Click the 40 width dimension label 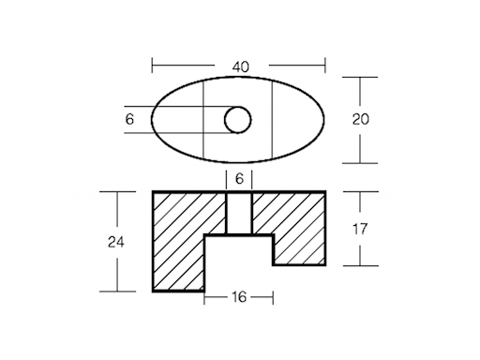click(241, 67)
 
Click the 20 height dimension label click(361, 119)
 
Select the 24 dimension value click(116, 242)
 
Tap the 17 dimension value click(360, 229)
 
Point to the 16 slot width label click(239, 297)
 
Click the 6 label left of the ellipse click(129, 119)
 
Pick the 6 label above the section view click(239, 179)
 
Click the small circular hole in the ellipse click(238, 120)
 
